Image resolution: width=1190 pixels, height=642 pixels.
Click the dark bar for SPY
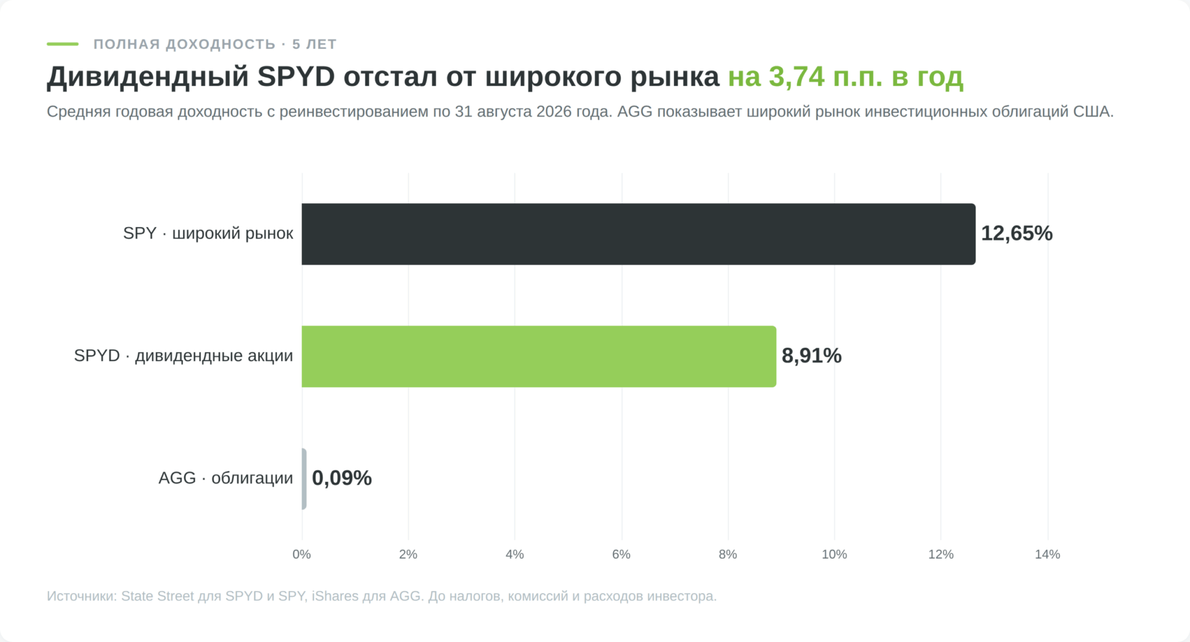click(639, 234)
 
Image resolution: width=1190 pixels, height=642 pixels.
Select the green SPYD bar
click(539, 356)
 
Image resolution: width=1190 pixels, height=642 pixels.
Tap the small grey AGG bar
click(304, 479)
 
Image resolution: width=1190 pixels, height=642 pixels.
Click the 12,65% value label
click(1017, 233)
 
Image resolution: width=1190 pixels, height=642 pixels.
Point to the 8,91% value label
click(812, 356)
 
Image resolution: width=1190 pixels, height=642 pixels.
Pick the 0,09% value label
click(342, 478)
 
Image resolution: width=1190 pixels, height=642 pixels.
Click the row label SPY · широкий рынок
click(208, 233)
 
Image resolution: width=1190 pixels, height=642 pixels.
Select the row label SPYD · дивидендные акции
click(184, 356)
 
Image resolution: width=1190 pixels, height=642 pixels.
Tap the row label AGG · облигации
click(226, 478)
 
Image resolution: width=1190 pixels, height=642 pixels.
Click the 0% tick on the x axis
click(302, 554)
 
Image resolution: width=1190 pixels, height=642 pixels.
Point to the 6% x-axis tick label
click(621, 554)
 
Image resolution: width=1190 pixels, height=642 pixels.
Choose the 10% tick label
click(834, 554)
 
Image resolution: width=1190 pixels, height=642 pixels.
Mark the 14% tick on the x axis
click(1048, 554)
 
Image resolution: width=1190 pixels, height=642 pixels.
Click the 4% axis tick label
click(515, 554)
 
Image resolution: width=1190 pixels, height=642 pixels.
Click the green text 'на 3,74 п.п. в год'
click(846, 77)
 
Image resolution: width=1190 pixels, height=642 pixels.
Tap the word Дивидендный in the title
click(148, 77)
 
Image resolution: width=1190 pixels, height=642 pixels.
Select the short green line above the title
click(63, 44)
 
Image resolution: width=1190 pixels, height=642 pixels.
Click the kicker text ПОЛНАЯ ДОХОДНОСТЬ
click(185, 45)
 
